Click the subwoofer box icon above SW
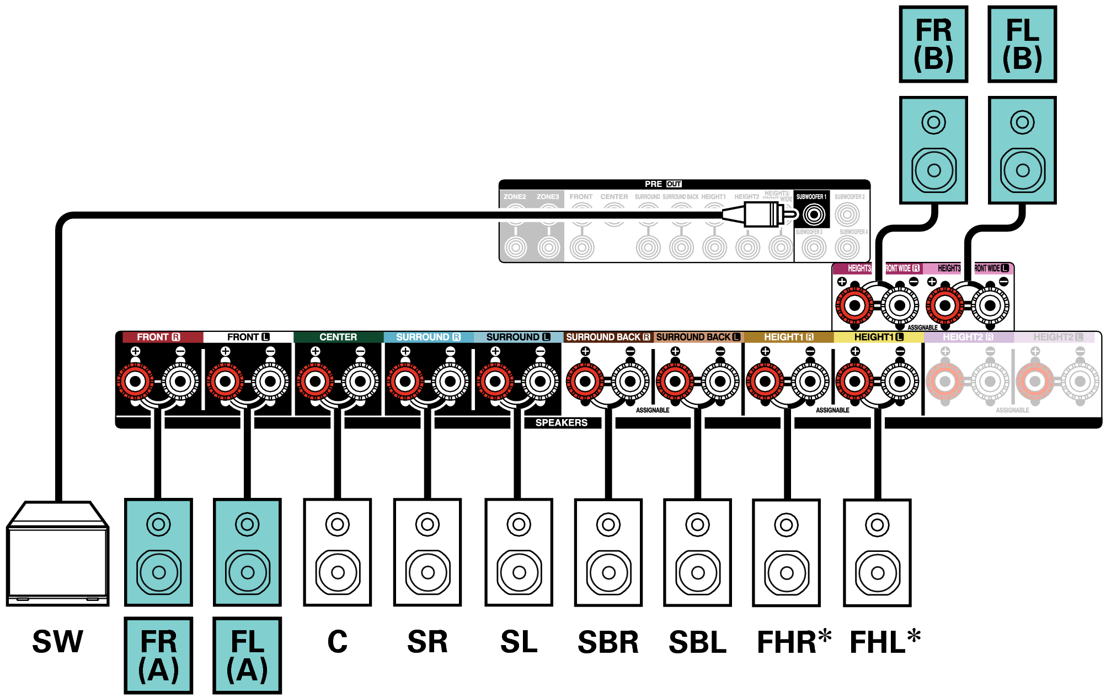click(x=57, y=554)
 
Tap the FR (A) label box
click(x=159, y=655)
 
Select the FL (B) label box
click(x=1022, y=44)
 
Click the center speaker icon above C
click(x=338, y=552)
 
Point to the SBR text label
click(x=608, y=642)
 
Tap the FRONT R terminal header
click(x=159, y=337)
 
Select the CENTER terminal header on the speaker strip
click(x=338, y=337)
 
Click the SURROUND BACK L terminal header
click(x=698, y=337)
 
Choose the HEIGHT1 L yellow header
click(x=878, y=337)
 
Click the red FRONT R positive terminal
click(x=135, y=381)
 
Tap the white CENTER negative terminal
click(x=360, y=381)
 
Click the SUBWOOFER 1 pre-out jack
click(x=814, y=214)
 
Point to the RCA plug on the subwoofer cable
click(x=761, y=214)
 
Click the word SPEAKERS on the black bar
click(x=561, y=423)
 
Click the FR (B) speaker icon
click(x=933, y=150)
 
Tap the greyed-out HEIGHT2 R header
click(x=968, y=337)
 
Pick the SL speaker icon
click(x=519, y=552)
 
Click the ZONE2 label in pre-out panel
click(x=515, y=197)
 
